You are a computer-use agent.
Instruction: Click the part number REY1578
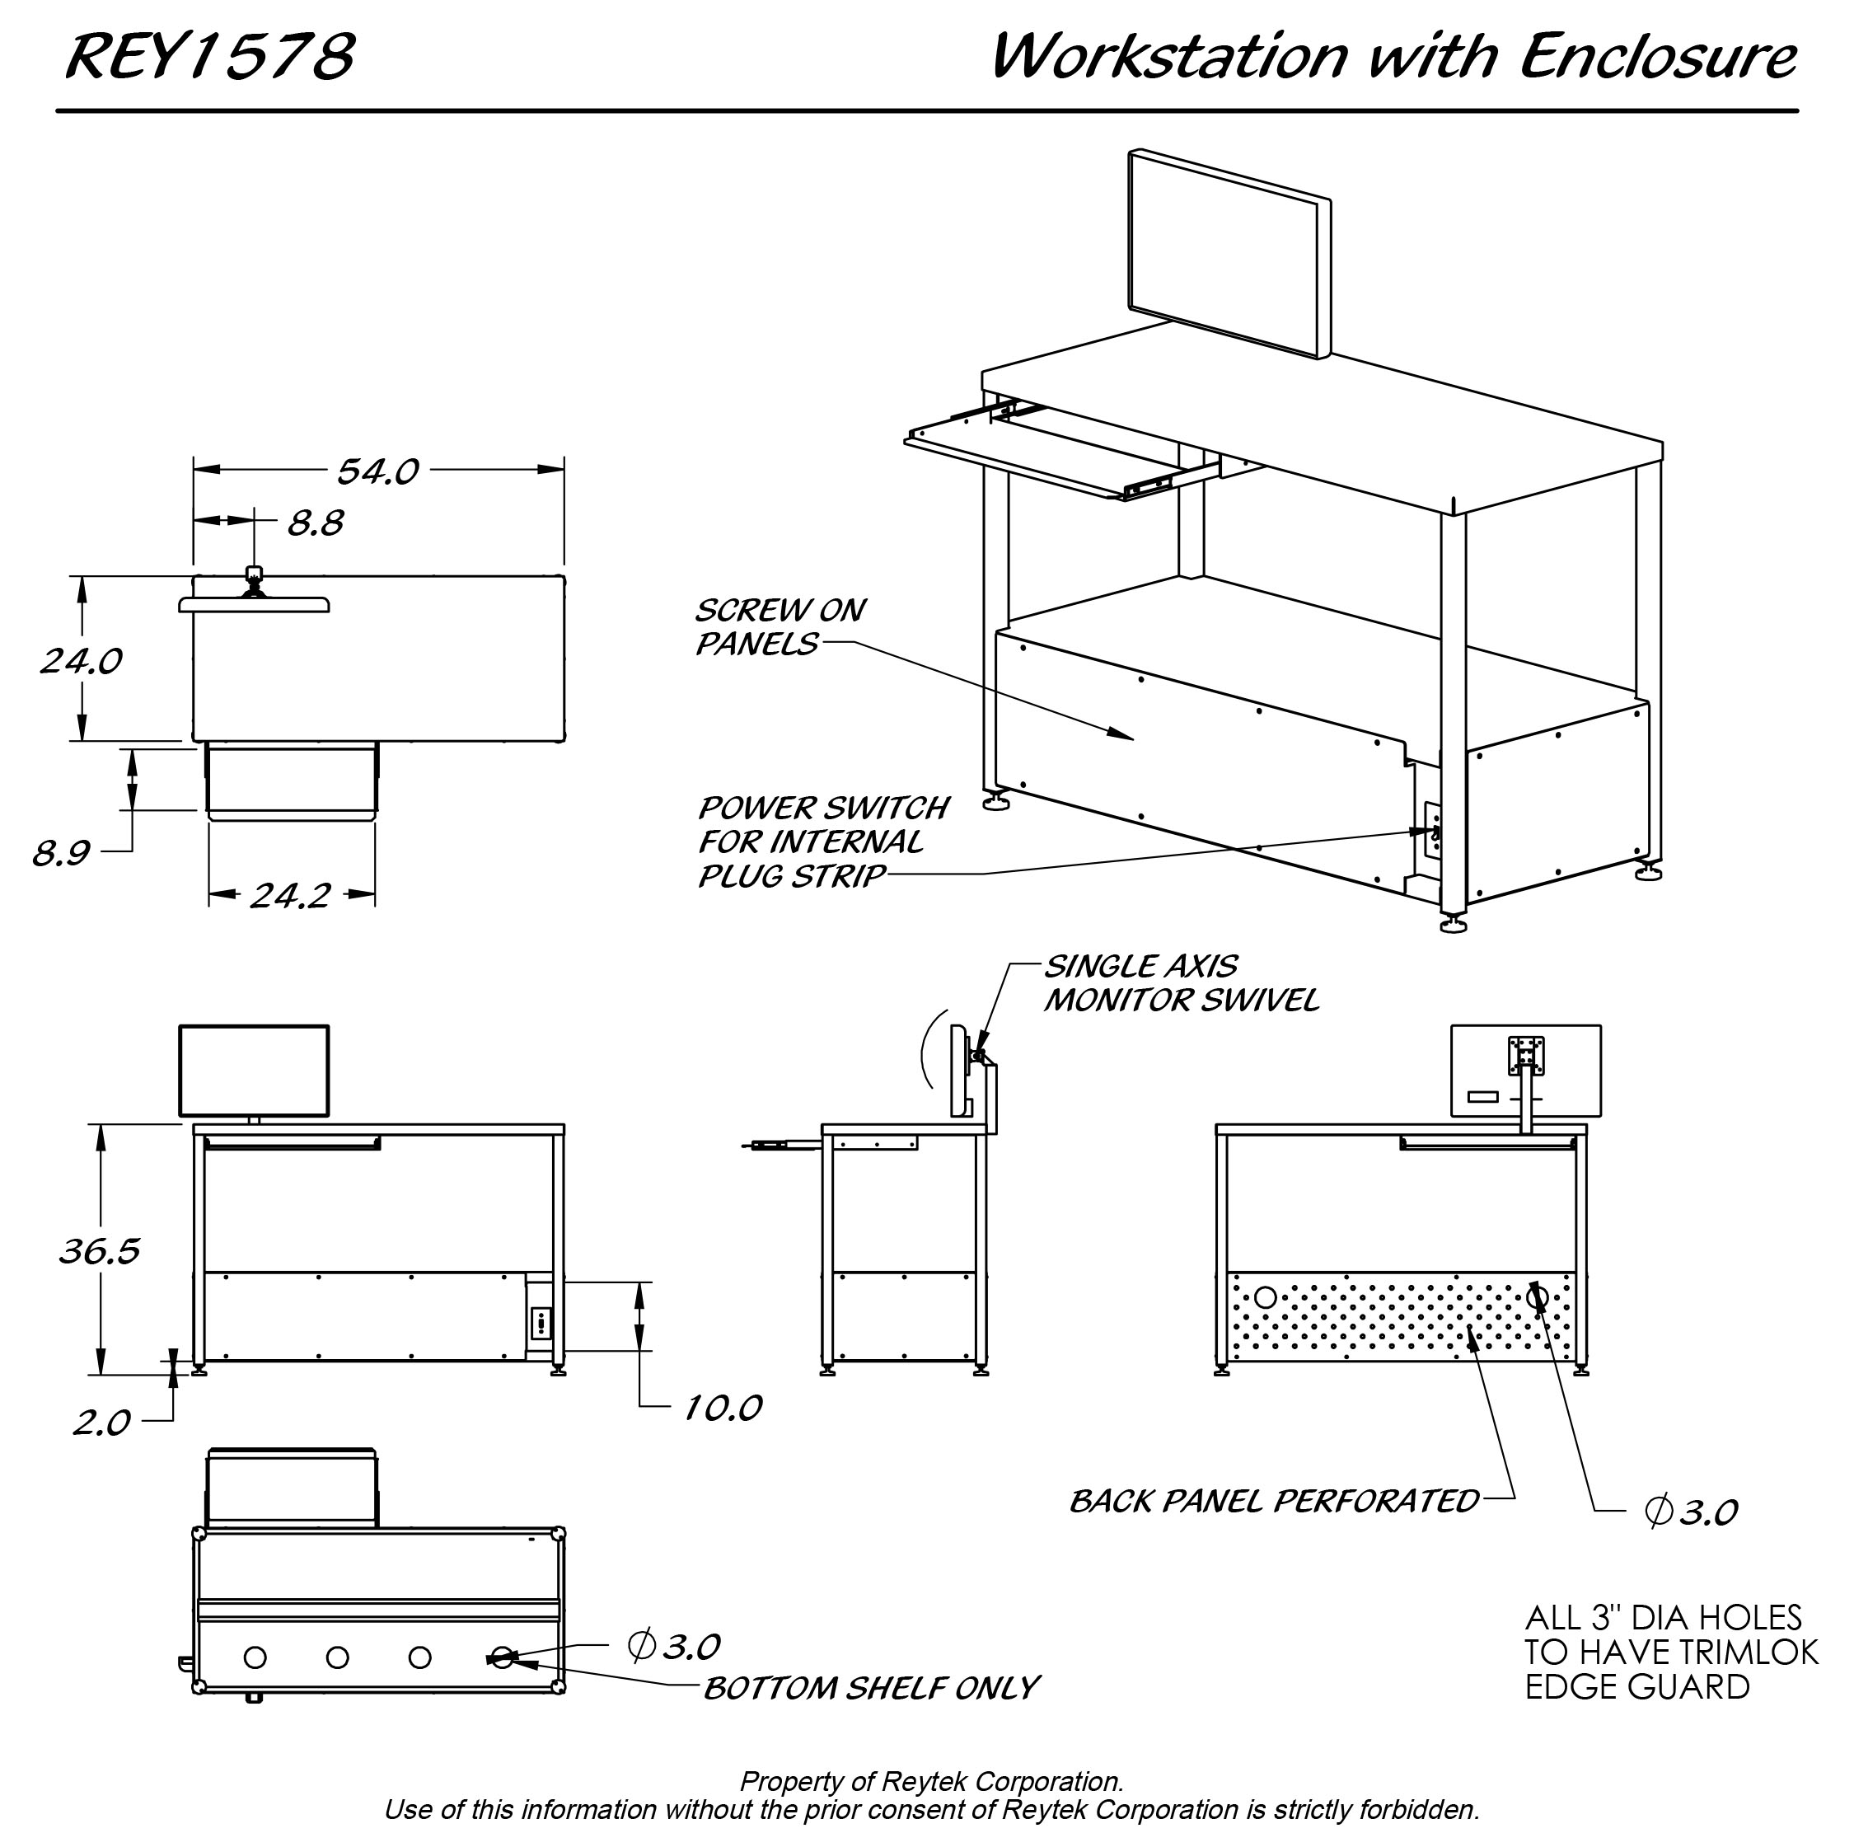tap(209, 56)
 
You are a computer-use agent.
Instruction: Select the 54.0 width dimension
tap(377, 471)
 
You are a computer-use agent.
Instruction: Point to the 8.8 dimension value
tap(316, 523)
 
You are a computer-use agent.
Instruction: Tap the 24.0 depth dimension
tap(81, 661)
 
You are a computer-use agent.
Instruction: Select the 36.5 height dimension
tap(99, 1250)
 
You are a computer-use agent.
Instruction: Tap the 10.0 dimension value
tap(723, 1408)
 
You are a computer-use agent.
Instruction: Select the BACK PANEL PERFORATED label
tap(1273, 1501)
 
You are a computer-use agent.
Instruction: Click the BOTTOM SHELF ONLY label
tap(870, 1688)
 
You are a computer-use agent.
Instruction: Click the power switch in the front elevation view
tap(541, 1324)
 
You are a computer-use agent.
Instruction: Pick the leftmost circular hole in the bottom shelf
tap(255, 1657)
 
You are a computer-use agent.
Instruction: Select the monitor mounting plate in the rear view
tap(1526, 1054)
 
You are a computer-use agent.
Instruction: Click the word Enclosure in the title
tap(1657, 56)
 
